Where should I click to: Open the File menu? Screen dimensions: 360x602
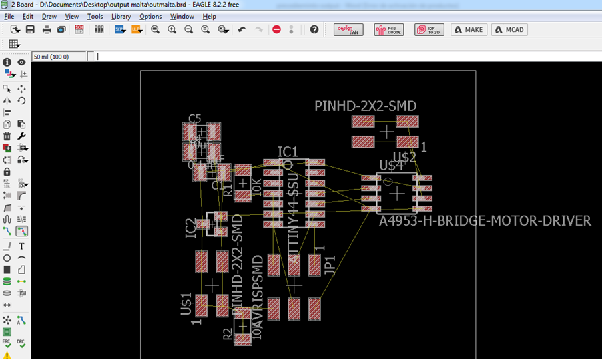coord(9,16)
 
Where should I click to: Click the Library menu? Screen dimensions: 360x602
coord(121,16)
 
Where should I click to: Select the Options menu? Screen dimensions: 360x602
coord(150,16)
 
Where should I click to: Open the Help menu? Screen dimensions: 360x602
coord(210,16)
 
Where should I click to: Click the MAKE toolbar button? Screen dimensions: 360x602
coord(469,30)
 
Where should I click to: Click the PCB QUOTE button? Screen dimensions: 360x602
coord(389,30)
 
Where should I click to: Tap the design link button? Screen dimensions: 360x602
coord(348,30)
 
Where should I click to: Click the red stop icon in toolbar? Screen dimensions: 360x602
coord(276,30)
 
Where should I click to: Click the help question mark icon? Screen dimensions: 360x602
coord(314,30)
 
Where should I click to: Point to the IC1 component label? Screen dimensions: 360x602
coord(288,152)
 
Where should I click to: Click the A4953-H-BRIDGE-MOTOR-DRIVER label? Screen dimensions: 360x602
coord(485,221)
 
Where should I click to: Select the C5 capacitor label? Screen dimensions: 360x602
coord(194,118)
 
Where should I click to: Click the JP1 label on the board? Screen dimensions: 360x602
coord(329,264)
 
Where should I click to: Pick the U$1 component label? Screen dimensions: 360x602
coord(187,304)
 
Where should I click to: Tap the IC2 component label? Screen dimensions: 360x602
coord(191,228)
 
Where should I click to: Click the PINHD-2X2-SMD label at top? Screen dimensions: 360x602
coord(366,106)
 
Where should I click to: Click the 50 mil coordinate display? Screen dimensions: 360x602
coord(51,57)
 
